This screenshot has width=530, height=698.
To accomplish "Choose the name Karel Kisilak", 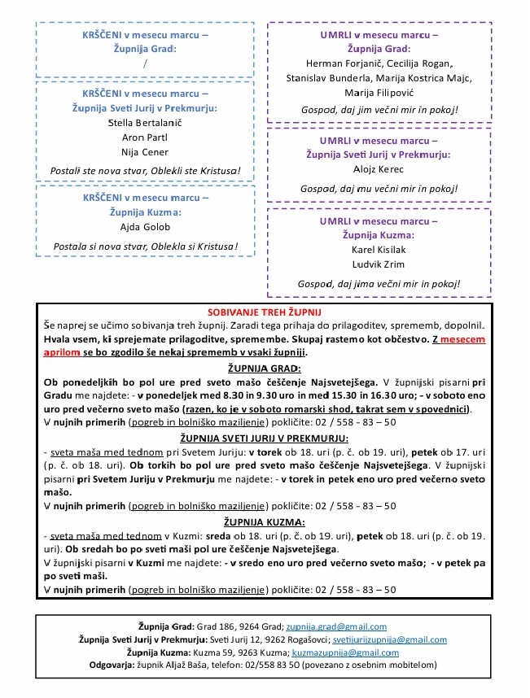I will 379,250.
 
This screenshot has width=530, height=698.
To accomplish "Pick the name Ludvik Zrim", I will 379,264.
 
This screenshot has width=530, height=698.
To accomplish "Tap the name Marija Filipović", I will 379,93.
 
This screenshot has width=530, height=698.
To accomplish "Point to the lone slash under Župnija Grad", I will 145,63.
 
